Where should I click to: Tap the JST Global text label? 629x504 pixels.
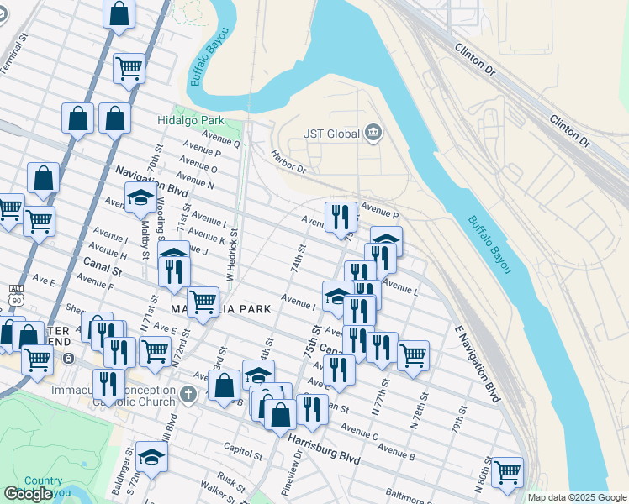[332, 133]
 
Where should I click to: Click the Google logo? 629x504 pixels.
[28, 494]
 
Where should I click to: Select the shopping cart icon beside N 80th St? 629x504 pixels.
[507, 473]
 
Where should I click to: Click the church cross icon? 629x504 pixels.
[190, 393]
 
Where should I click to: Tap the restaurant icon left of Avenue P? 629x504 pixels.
[341, 216]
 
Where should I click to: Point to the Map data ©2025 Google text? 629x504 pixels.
[577, 497]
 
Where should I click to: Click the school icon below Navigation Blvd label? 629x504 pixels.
[140, 199]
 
